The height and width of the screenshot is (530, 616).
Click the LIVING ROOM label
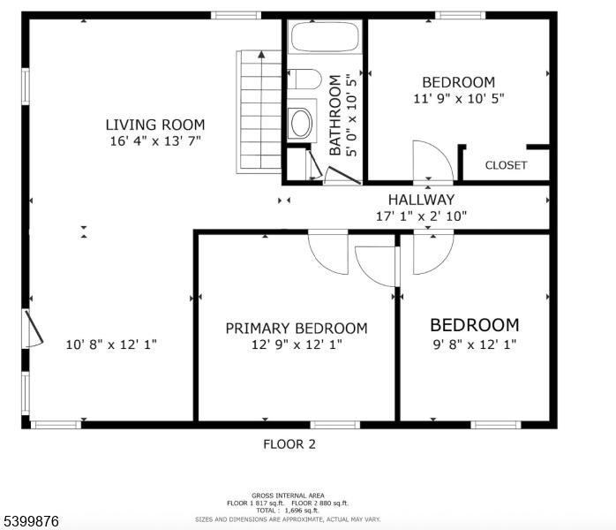click(x=155, y=125)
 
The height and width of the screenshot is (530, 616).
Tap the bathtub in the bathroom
click(x=325, y=36)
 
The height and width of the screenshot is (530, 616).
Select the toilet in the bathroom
click(x=304, y=79)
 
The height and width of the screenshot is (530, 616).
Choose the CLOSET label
click(x=506, y=165)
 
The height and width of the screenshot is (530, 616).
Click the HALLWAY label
click(x=421, y=200)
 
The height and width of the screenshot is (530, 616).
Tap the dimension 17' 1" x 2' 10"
click(x=421, y=216)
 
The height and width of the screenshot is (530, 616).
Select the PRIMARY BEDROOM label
click(x=297, y=329)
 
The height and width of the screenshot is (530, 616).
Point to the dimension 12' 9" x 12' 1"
click(x=297, y=344)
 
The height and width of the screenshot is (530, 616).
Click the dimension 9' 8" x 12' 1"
click(x=475, y=344)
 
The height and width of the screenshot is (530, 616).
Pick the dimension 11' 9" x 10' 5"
click(x=458, y=98)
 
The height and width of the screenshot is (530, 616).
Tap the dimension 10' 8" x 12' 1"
click(x=111, y=344)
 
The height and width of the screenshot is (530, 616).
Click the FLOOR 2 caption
click(x=289, y=444)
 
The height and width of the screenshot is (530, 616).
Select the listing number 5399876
click(x=30, y=521)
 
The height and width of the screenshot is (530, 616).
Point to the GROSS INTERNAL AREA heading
click(x=288, y=496)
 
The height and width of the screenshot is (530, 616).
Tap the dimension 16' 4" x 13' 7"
click(x=155, y=140)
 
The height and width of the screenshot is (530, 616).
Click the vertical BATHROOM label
click(x=334, y=115)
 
